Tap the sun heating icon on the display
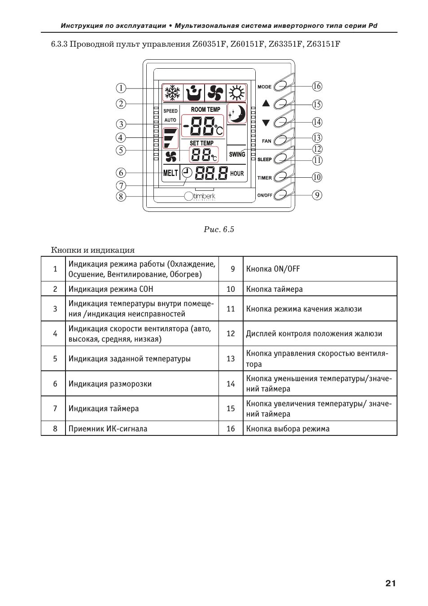point(236,93)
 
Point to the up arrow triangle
point(266,103)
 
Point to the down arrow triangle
point(266,122)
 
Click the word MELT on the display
point(170,173)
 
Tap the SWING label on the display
point(237,154)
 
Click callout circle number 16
point(317,86)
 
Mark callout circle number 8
point(121,196)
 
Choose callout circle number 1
point(121,88)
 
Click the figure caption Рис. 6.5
point(218,230)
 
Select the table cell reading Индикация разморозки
point(110,384)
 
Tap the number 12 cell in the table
point(231,334)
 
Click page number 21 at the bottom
point(390,584)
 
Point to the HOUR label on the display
point(237,174)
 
